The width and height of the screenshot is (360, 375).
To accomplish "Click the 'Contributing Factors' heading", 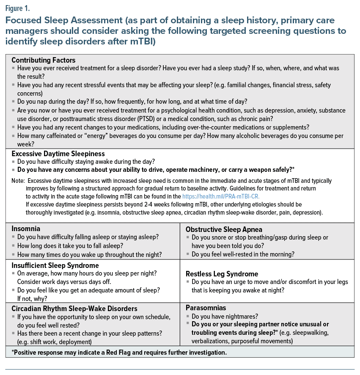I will (43, 60).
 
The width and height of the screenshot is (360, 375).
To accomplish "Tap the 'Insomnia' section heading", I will (26, 229).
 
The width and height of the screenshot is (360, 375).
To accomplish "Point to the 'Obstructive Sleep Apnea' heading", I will (224, 229).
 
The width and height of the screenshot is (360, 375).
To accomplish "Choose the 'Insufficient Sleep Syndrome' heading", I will (55, 265).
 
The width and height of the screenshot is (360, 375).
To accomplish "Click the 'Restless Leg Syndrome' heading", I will (222, 274).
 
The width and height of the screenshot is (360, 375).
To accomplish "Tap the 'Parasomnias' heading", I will (206, 308).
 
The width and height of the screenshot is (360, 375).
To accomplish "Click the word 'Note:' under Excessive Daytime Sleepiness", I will (18, 181).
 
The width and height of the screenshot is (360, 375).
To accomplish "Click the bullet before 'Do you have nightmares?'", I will (188, 317).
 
